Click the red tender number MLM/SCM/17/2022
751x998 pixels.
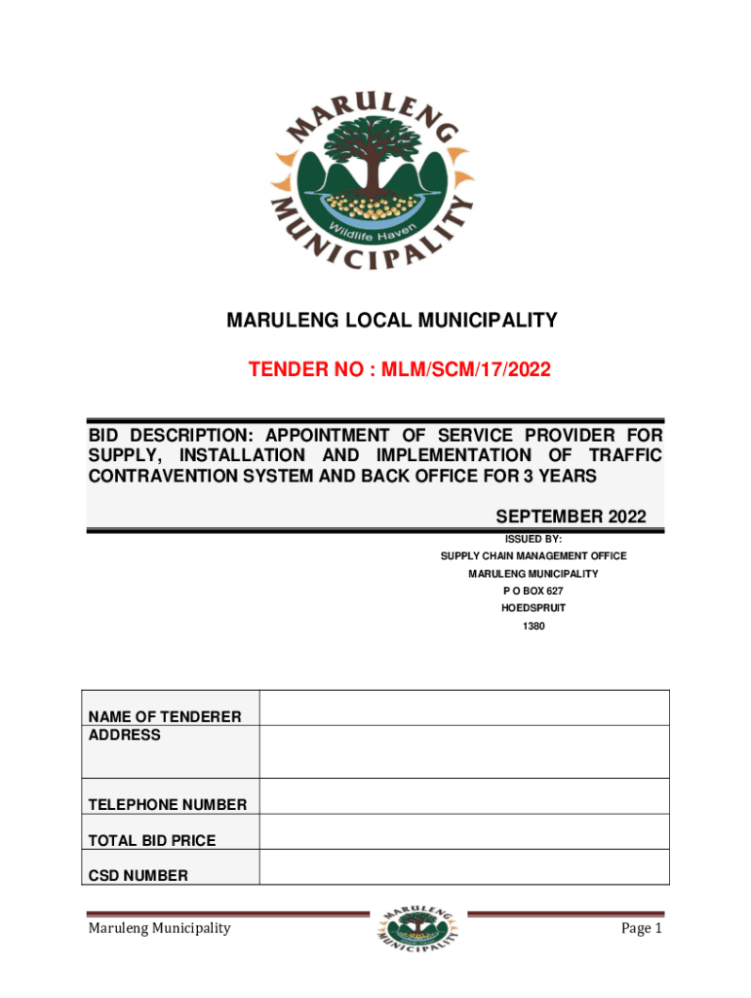(x=399, y=369)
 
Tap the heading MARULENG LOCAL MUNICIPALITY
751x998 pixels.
(x=392, y=320)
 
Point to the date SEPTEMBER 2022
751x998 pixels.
(x=571, y=517)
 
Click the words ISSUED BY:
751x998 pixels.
(x=533, y=538)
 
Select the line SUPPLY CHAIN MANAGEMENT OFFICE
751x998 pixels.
(x=533, y=556)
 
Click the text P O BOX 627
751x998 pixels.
(x=533, y=592)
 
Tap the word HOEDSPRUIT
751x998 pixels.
(x=533, y=608)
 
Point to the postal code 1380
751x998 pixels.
(x=533, y=626)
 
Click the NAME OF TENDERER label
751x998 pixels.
(x=165, y=717)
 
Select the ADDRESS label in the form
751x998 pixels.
(x=125, y=735)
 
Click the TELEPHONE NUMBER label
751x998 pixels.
(x=168, y=805)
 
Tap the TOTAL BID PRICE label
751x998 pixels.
(x=152, y=840)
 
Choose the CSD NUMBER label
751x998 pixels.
(x=138, y=875)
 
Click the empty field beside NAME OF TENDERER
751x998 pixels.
(x=464, y=708)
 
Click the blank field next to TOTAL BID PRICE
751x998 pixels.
(x=464, y=831)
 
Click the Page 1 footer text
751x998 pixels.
(x=642, y=928)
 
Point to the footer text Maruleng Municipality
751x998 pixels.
(x=159, y=928)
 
